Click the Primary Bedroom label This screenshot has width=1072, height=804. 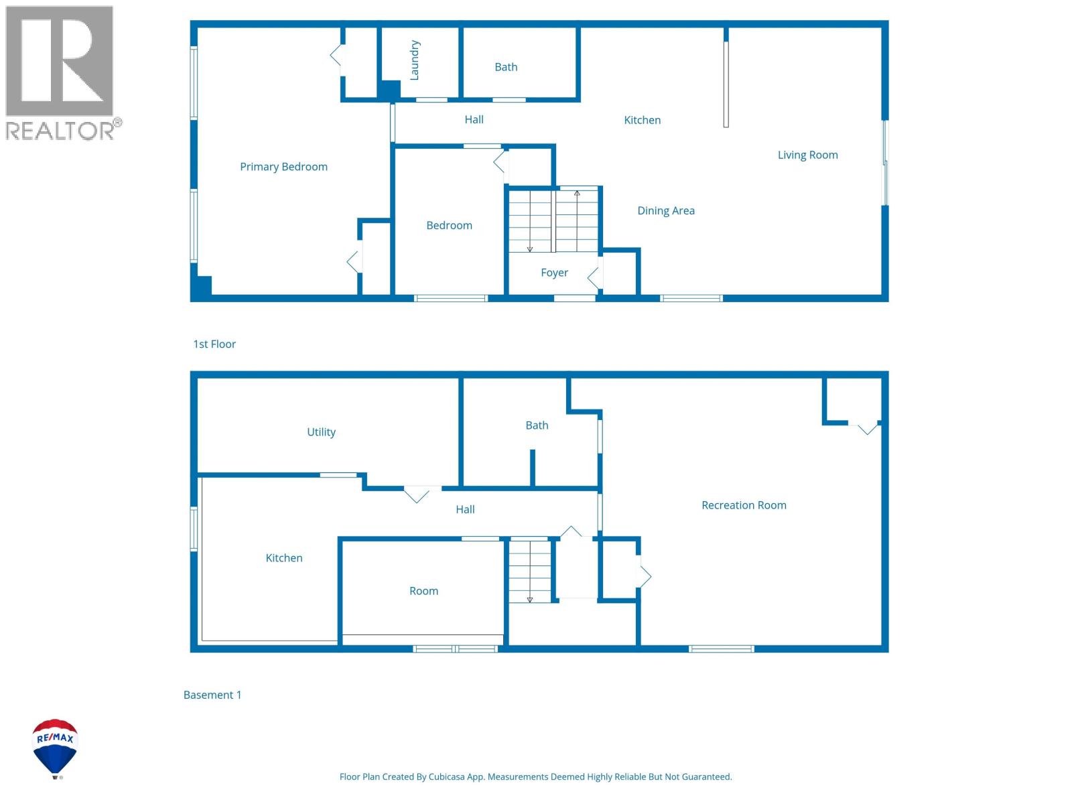(283, 167)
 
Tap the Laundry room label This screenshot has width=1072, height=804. (414, 60)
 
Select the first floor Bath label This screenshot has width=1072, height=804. (506, 67)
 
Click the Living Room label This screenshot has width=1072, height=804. (807, 155)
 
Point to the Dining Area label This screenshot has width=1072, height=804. (665, 210)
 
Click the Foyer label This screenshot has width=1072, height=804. (554, 273)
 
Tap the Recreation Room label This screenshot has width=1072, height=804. (744, 505)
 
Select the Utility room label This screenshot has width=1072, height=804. (321, 432)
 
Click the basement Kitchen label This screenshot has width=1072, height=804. (284, 558)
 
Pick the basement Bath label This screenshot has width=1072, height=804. (537, 425)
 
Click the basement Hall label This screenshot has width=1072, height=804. (465, 510)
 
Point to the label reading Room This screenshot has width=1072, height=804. (423, 591)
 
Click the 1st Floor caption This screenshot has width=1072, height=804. (214, 344)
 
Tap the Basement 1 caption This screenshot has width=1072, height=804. (212, 695)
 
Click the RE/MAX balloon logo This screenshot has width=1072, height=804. (56, 748)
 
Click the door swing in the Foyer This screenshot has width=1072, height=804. (594, 276)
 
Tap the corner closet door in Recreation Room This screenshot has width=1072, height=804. (867, 427)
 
